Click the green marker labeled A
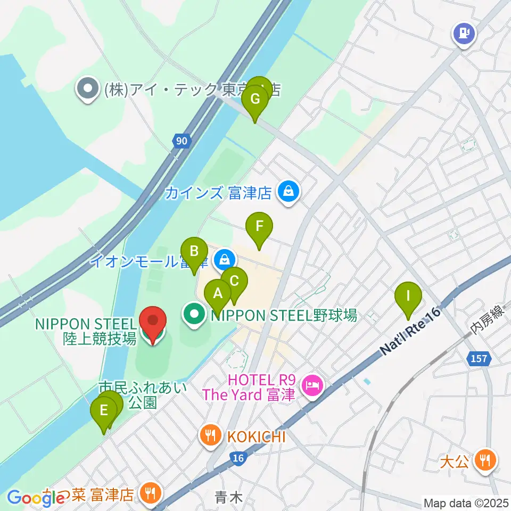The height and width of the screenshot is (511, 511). tap(218, 293)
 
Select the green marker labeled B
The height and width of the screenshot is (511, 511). tap(194, 251)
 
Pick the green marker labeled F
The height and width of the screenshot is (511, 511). tap(259, 226)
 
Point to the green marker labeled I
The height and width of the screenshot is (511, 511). tap(409, 295)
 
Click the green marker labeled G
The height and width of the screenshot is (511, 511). tap(255, 99)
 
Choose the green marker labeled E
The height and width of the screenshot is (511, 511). tap(104, 411)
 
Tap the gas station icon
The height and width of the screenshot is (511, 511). tap(464, 33)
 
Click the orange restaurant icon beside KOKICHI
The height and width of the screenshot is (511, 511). tap(211, 436)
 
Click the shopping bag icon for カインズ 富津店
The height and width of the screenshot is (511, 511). tap(288, 192)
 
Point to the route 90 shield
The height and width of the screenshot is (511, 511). tap(182, 141)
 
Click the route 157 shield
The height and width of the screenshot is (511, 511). tap(479, 359)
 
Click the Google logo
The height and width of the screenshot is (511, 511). tap(36, 498)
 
